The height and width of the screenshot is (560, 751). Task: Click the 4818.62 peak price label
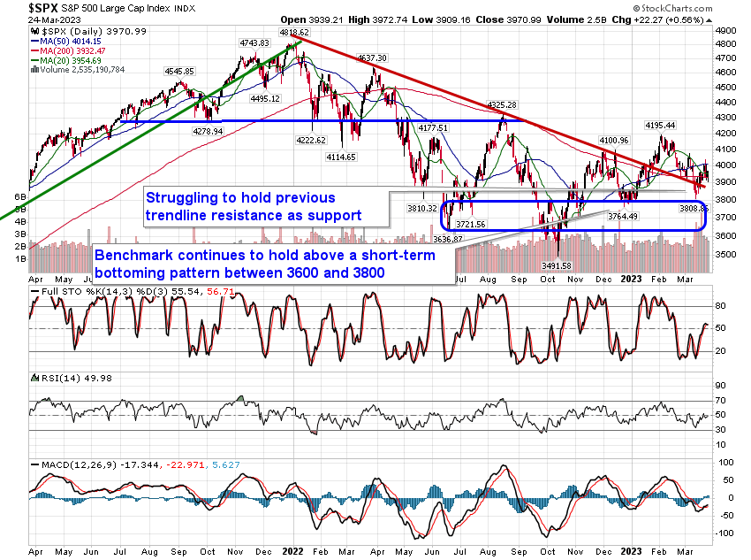click(272, 30)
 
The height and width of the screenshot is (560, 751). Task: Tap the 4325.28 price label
click(503, 105)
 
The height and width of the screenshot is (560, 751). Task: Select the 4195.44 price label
click(660, 126)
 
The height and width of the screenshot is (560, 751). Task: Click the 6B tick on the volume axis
click(16, 197)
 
